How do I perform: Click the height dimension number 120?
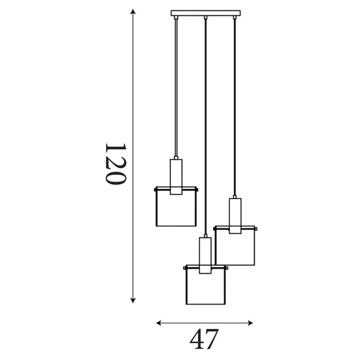click(115, 165)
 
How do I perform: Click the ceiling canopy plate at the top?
click(205, 13)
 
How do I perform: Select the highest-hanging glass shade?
click(175, 207)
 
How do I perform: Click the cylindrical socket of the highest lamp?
click(175, 173)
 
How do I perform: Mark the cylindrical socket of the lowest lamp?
click(205, 255)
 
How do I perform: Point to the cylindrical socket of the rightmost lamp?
click(235, 213)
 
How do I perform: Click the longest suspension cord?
click(205, 127)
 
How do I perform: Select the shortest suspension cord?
click(175, 84)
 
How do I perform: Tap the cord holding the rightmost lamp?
click(235, 105)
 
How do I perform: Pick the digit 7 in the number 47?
click(212, 339)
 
